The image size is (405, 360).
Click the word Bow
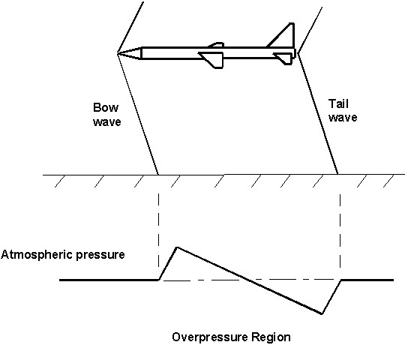pos(106,107)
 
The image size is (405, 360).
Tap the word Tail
pos(338,103)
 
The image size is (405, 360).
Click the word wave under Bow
pos(107,122)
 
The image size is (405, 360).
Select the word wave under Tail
pos(343,118)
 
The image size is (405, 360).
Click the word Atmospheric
pos(37,255)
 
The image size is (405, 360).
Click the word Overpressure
pos(210,337)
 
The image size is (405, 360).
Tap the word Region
pos(271,337)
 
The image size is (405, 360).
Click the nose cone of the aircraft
pos(130,53)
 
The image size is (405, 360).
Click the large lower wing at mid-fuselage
pos(212,60)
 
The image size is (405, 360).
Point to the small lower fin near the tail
pos(283,58)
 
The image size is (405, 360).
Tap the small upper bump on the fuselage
pos(216,45)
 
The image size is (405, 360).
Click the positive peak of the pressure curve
pos(177,247)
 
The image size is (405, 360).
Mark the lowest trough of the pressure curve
pos(322,313)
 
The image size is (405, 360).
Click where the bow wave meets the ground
pos(158,175)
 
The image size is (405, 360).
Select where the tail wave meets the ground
pos(337,174)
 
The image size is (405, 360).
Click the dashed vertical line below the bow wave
pos(158,231)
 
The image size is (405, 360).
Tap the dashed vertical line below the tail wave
pos(340,231)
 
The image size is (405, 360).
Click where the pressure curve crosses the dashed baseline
pos(244,280)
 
